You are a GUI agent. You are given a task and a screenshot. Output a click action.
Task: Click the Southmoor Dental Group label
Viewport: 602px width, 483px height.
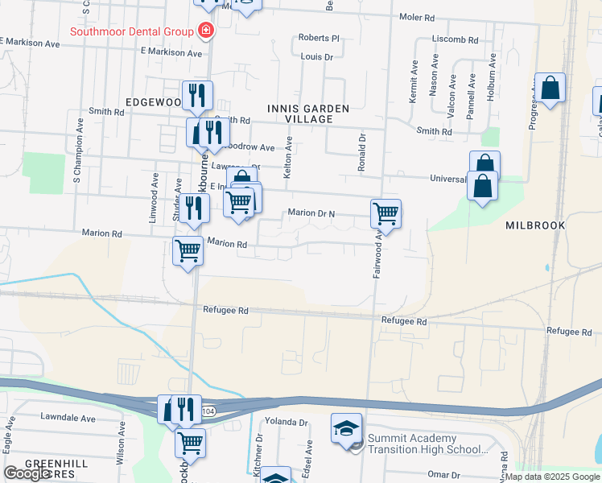click(132, 32)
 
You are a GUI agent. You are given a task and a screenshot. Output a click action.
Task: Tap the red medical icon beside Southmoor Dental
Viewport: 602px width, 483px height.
click(206, 31)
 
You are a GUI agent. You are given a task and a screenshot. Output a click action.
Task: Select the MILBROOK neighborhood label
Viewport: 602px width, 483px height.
click(535, 225)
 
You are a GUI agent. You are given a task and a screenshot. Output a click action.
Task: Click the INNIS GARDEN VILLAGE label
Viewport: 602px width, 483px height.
click(308, 114)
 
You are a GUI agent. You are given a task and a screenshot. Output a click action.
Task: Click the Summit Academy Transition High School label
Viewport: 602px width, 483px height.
click(427, 444)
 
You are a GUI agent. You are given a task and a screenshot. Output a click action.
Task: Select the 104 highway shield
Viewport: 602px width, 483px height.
click(208, 411)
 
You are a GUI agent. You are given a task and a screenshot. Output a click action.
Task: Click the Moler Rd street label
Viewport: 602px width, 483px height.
click(417, 17)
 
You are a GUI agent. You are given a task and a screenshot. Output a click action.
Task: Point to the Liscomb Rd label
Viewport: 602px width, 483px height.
click(455, 39)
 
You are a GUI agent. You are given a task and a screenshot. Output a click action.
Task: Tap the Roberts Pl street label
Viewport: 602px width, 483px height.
click(319, 38)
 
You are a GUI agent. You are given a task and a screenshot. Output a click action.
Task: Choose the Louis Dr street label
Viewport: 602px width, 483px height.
click(316, 57)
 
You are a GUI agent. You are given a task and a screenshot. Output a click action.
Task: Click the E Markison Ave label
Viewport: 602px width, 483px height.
click(171, 52)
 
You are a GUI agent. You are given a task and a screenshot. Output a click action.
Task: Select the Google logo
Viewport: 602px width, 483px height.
click(27, 473)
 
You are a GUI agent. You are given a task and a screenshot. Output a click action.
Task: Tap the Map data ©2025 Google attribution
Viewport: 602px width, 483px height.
click(552, 477)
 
